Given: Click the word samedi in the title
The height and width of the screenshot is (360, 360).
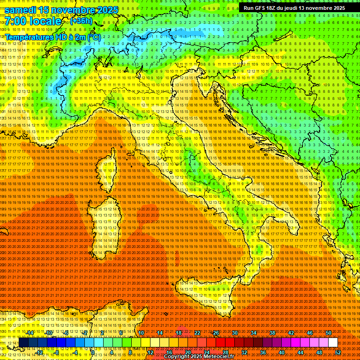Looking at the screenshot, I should [21, 10].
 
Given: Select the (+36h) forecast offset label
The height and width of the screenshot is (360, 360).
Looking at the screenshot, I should [81, 21].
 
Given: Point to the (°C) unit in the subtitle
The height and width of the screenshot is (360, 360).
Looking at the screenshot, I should [94, 37].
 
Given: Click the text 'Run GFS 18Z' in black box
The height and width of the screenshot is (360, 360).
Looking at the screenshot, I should [259, 8].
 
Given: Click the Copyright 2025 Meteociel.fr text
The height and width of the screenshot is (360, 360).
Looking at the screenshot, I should [202, 357].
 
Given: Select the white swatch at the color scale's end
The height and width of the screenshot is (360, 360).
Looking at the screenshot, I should [333, 342].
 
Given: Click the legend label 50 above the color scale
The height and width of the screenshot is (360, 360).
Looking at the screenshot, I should [328, 333].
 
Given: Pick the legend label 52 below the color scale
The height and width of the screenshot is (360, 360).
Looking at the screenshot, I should [337, 352].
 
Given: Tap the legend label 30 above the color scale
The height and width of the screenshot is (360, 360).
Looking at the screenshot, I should [234, 333].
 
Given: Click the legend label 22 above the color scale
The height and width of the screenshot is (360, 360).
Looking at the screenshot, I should [197, 333].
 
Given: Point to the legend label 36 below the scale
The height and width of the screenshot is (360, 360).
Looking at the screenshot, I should [262, 352].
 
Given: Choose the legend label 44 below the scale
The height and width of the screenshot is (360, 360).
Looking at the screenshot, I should [300, 352].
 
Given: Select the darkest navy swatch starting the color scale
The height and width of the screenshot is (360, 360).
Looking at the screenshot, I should [23, 342].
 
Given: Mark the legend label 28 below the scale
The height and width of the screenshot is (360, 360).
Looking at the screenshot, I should [225, 352].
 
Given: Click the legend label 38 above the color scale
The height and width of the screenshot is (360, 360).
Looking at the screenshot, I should [272, 333].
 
